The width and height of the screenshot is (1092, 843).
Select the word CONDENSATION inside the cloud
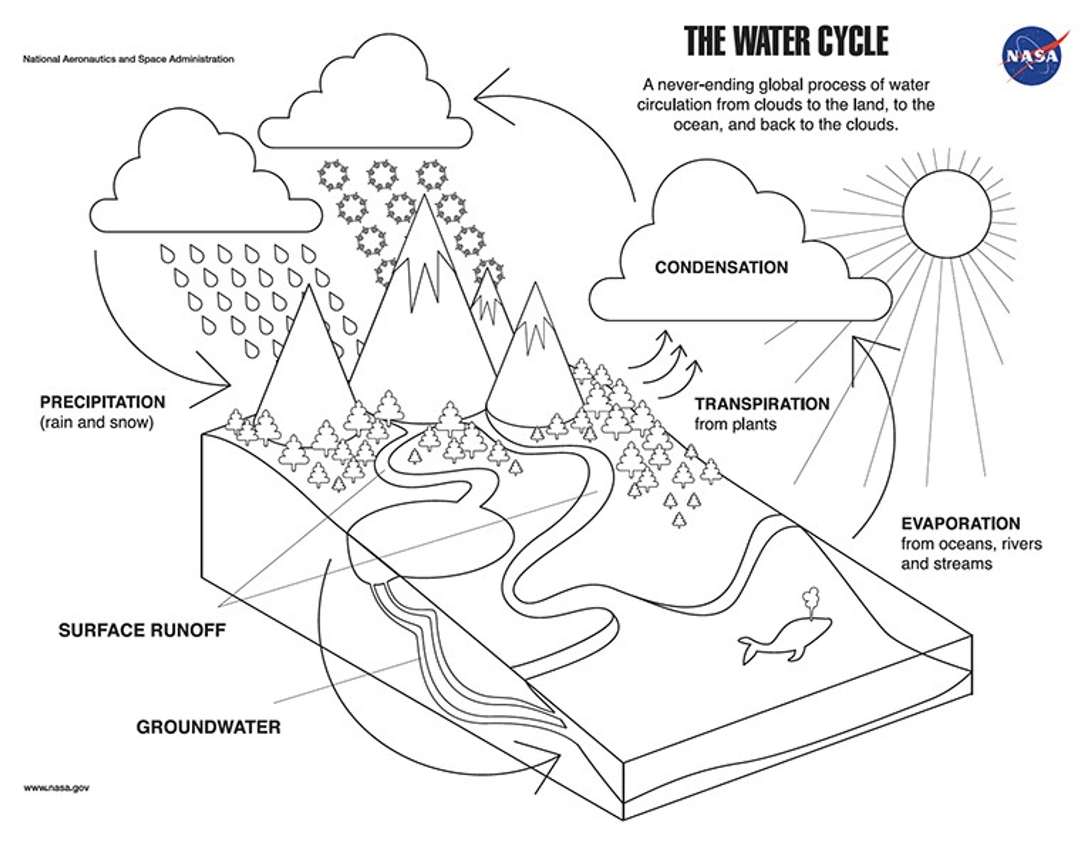coord(721,268)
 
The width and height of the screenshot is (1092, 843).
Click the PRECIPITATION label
coord(102,402)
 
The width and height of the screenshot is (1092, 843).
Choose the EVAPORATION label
coord(960,523)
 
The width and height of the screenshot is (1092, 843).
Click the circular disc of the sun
coord(947,214)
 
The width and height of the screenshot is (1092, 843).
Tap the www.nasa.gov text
coord(57,788)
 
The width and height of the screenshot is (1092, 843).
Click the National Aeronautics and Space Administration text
coord(128,59)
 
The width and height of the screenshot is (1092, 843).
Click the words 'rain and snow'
coord(96,423)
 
